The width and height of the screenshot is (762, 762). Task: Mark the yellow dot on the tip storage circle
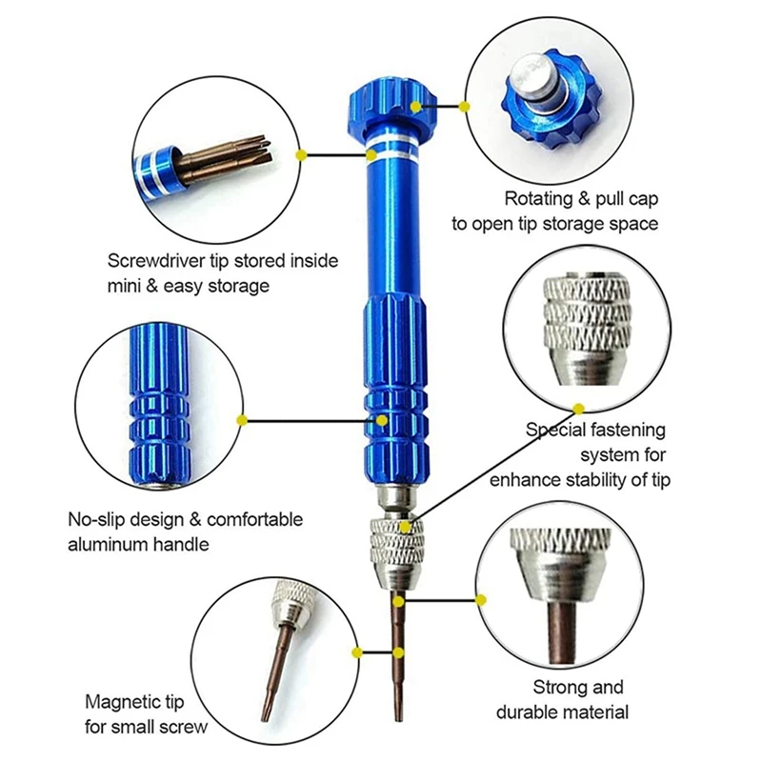coord(301,152)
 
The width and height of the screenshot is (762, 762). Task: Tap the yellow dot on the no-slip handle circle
coord(243,419)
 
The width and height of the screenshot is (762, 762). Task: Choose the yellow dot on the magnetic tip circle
coord(356,652)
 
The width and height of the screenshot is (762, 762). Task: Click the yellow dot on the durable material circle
coord(481,600)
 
